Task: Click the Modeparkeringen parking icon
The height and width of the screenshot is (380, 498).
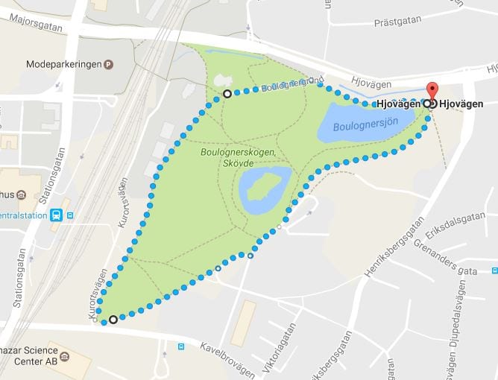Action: (x=108, y=65)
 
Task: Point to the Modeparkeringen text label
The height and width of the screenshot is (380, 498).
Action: (x=63, y=65)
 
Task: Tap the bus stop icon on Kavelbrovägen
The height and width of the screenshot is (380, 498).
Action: (x=181, y=346)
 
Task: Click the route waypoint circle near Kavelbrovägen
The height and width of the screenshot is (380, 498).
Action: (x=113, y=320)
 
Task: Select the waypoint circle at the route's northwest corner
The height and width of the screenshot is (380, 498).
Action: (x=227, y=94)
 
